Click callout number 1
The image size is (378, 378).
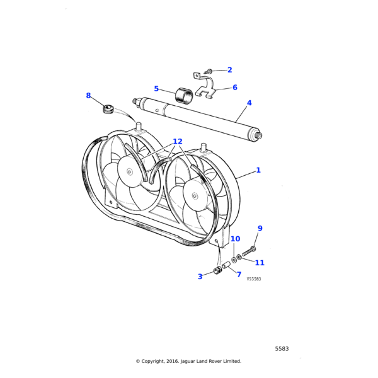[258, 170]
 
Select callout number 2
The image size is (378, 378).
[229, 70]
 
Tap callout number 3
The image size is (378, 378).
[200, 276]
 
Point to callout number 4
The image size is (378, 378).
[249, 103]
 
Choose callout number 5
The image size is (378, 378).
[156, 89]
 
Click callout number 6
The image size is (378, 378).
[235, 88]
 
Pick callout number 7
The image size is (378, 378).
[239, 274]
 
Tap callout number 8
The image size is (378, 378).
[88, 96]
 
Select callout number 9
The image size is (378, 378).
[260, 228]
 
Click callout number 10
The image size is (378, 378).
[235, 239]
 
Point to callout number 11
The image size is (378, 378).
[260, 263]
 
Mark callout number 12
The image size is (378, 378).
[177, 142]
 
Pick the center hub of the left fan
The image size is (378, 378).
[129, 172]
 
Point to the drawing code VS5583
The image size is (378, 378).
[253, 279]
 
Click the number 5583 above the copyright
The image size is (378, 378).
[282, 348]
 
